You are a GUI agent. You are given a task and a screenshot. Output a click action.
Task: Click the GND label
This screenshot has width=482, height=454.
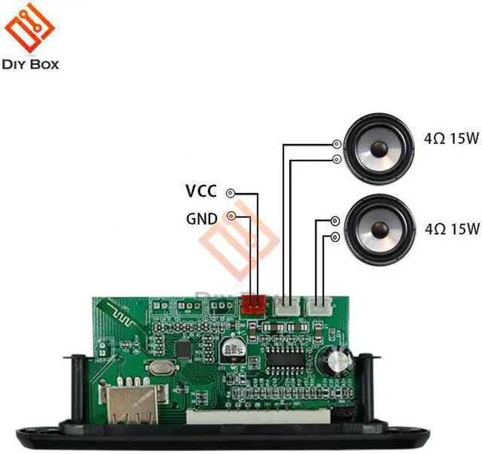coord(202,219)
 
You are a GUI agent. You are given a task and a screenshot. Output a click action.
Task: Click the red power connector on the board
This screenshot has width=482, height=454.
coord(254,304)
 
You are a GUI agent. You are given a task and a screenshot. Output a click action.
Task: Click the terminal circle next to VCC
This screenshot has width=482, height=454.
coord(230,193)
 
